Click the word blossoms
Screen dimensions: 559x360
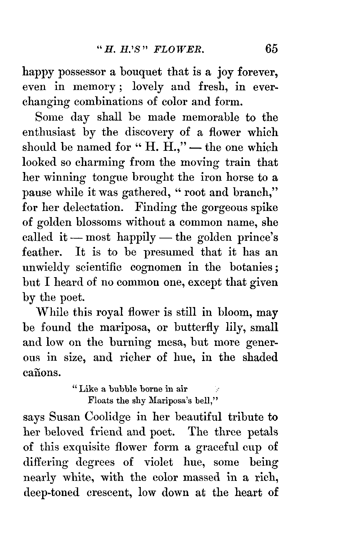[x=97, y=223]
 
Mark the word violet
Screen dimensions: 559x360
[x=159, y=462]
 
